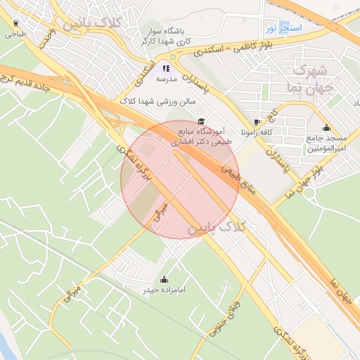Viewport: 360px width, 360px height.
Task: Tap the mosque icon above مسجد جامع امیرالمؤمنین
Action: click(x=326, y=128)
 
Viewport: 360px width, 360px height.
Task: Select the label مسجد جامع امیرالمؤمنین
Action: click(x=327, y=143)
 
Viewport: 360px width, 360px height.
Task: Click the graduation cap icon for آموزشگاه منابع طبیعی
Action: click(x=202, y=121)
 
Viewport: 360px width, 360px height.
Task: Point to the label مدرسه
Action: click(x=165, y=79)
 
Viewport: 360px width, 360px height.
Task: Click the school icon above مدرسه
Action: click(x=166, y=68)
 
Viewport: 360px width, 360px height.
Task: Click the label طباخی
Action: click(x=15, y=33)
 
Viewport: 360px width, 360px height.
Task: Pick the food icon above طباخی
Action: click(x=15, y=22)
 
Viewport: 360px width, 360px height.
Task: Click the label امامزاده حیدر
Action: click(x=164, y=289)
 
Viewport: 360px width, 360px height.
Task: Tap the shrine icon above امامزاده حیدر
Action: click(x=164, y=278)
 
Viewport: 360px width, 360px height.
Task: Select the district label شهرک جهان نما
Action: click(x=309, y=79)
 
